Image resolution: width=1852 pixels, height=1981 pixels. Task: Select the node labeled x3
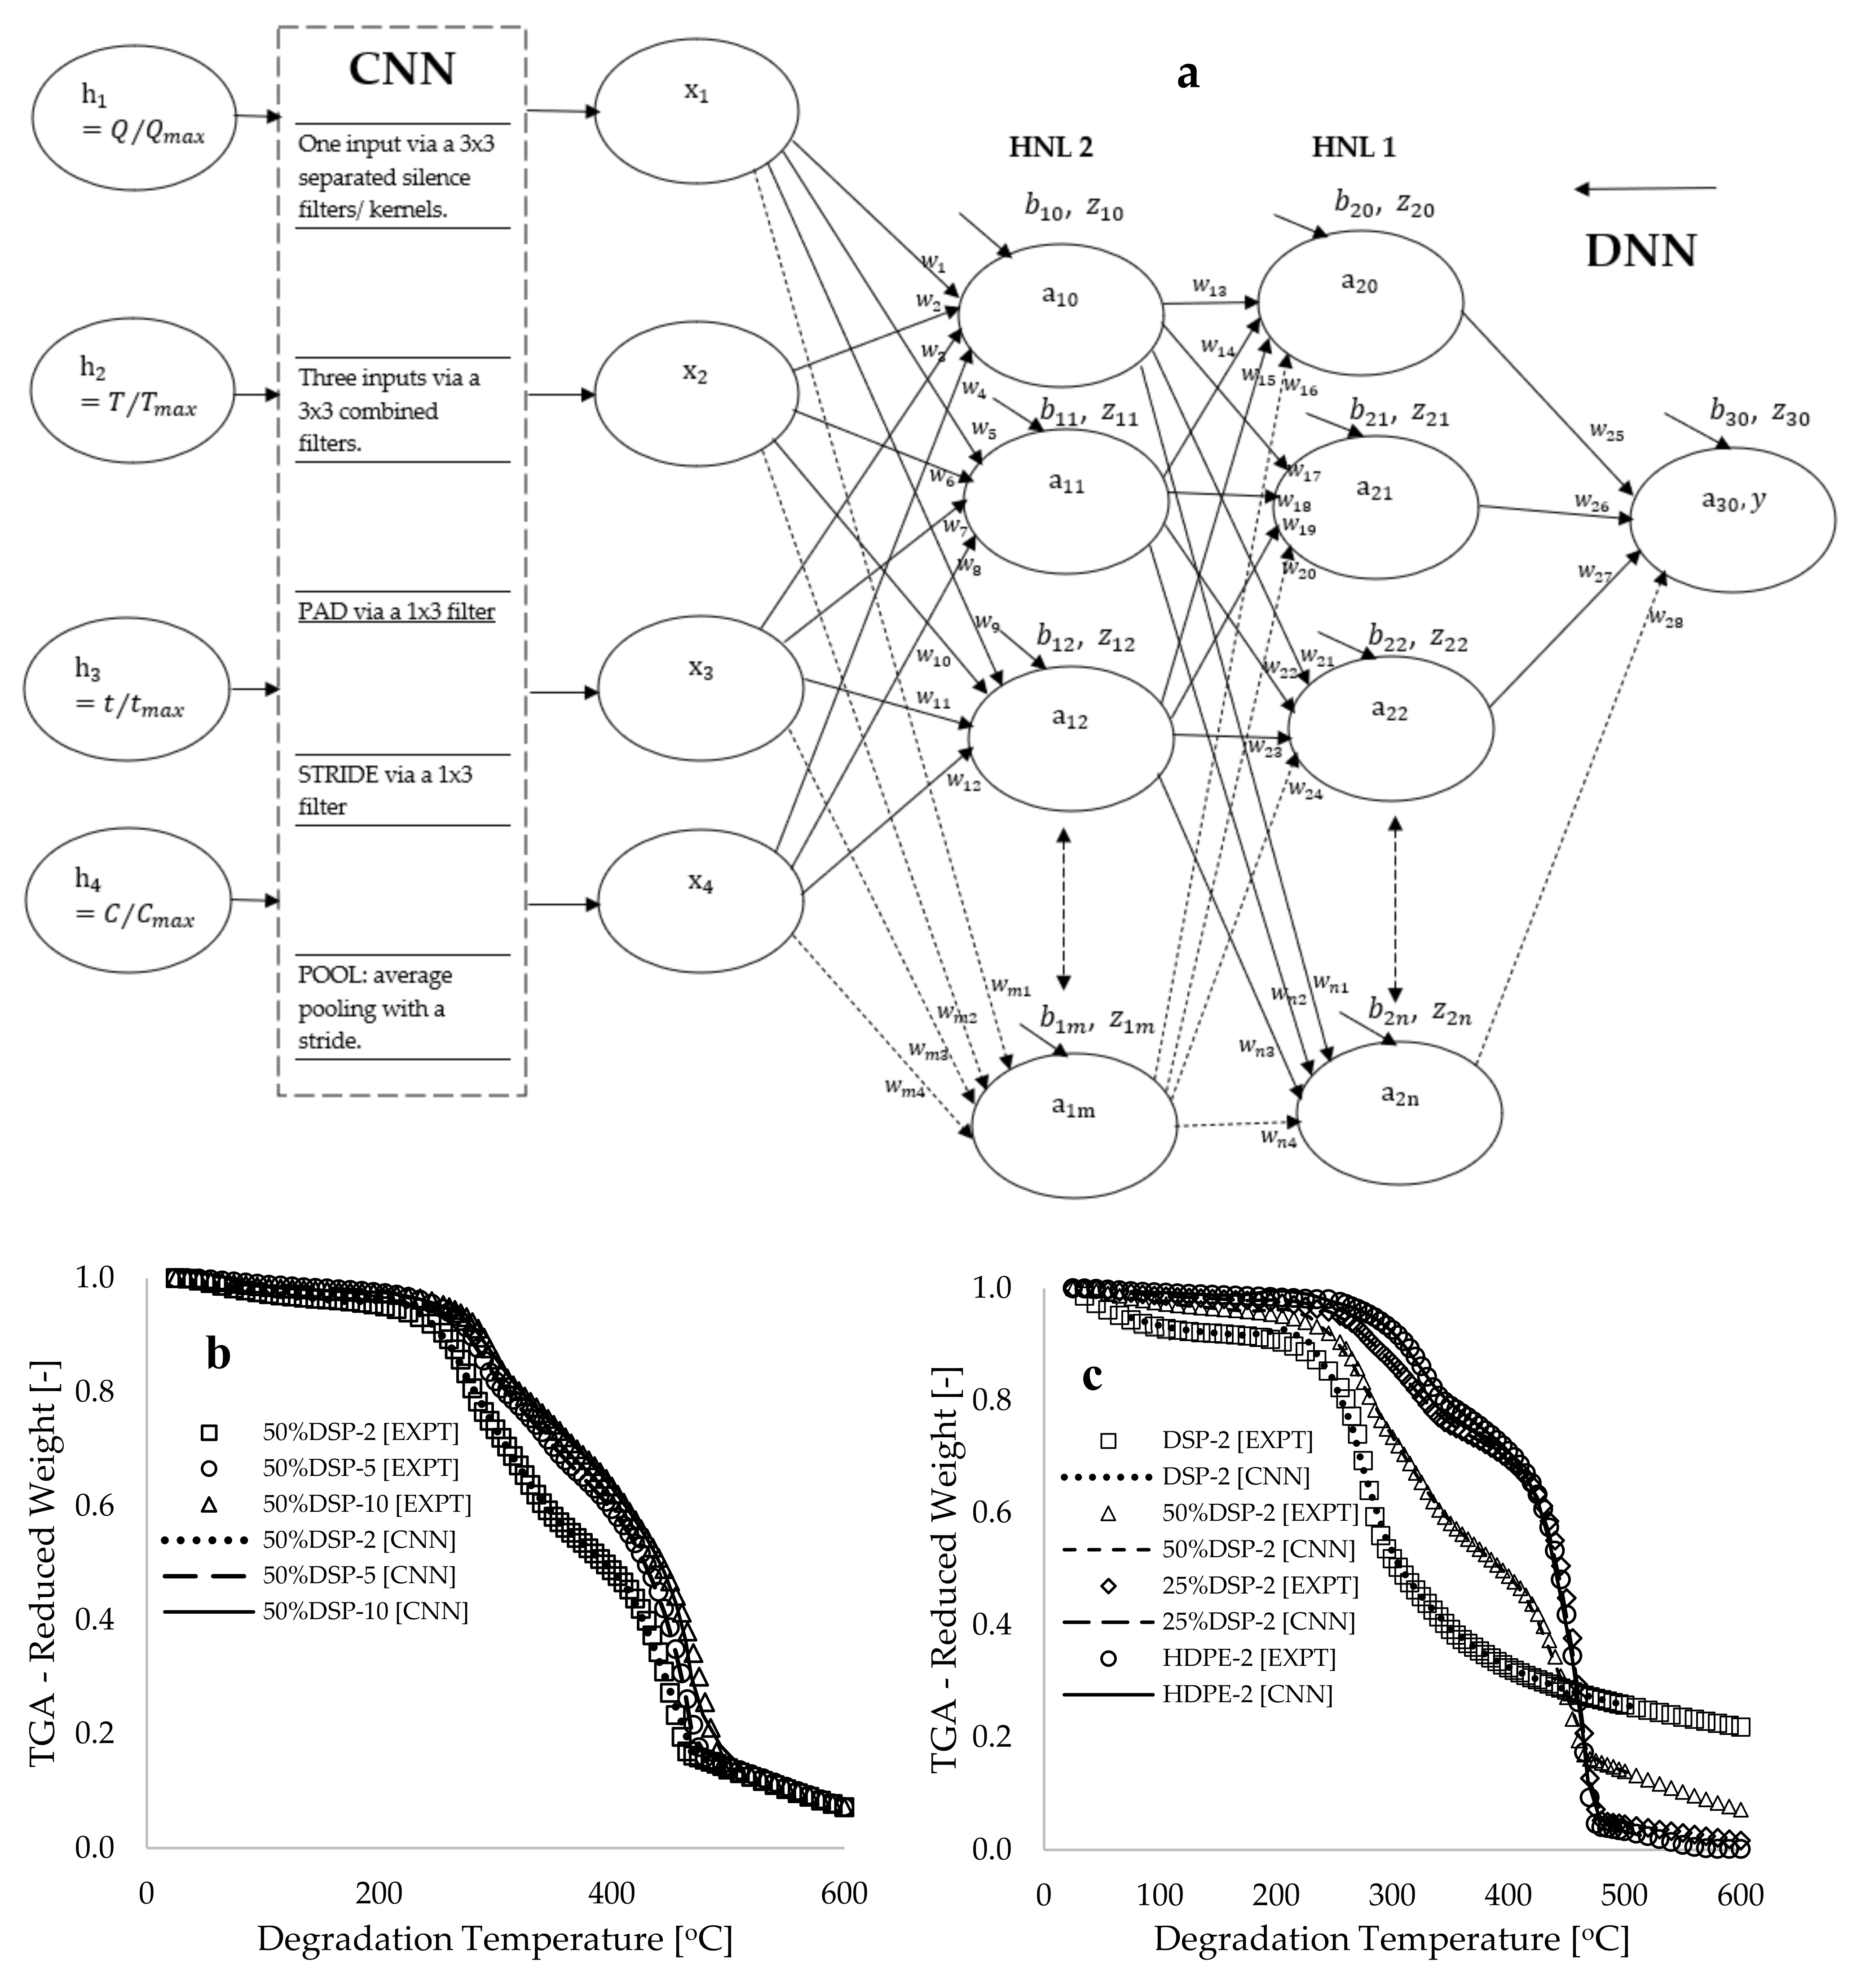click(x=701, y=687)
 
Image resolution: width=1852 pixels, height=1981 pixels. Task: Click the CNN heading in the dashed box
click(x=401, y=70)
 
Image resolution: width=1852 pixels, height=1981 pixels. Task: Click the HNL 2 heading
click(x=1050, y=147)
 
